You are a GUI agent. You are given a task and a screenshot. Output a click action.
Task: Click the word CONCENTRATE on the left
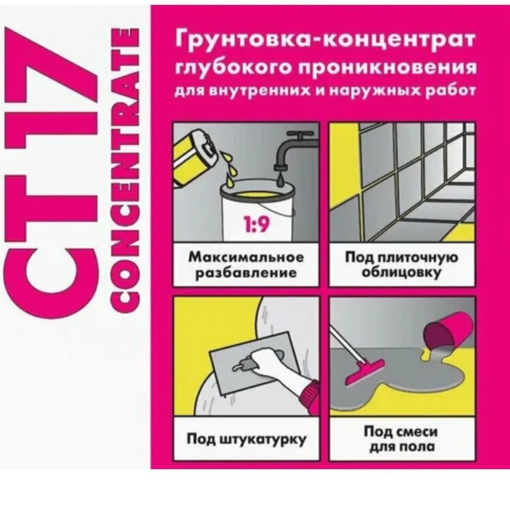[x=122, y=171]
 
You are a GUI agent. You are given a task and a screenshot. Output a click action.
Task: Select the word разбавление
[x=246, y=273]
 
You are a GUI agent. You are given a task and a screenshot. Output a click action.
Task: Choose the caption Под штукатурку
[x=246, y=440]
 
